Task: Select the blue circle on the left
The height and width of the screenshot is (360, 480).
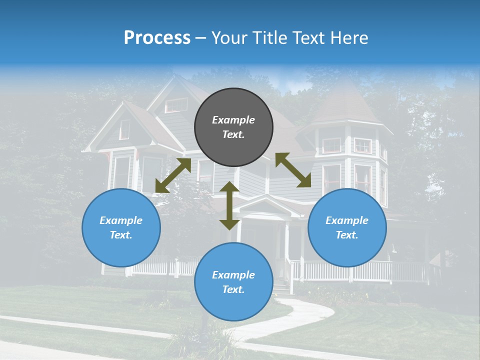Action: pos(121,227)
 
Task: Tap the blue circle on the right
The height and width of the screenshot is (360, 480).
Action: pos(347,227)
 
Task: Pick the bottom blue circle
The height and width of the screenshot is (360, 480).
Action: pos(233,281)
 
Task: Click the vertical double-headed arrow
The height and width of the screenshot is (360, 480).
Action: pos(229,205)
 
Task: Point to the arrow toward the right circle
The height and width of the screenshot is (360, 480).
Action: pos(293,170)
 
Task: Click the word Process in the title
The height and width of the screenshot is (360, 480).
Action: pos(157,37)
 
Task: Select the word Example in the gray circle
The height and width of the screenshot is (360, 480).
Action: pos(233,120)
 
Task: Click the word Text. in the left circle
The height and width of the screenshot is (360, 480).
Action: pos(121,235)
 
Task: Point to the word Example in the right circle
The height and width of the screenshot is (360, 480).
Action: pos(347,220)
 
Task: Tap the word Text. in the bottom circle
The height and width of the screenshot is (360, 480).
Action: pos(233,289)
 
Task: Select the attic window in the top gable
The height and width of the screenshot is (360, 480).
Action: pos(176,105)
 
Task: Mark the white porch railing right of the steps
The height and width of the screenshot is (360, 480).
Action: pos(360,270)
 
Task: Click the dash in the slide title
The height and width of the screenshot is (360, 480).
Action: pos(201,38)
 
